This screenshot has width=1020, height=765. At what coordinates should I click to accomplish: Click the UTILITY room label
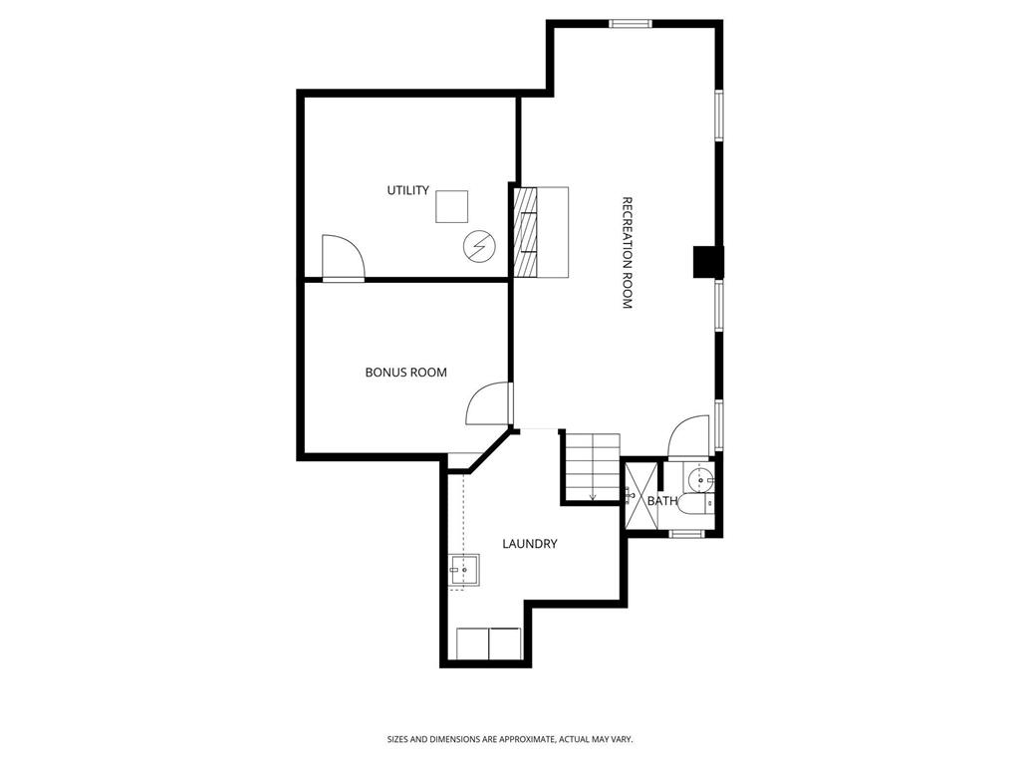coord(407,190)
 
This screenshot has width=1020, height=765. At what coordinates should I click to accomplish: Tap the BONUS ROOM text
coord(405,373)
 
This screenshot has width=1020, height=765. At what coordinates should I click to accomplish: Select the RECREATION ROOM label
coord(628,252)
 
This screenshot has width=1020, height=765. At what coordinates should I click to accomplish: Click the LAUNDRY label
coord(529,544)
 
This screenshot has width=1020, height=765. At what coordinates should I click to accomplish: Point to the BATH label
coord(662,501)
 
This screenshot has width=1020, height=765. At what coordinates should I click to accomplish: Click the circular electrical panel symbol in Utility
coord(478,245)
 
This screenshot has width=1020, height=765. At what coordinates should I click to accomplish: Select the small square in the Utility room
coord(452,206)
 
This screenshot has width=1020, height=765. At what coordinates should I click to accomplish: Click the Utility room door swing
coord(343,258)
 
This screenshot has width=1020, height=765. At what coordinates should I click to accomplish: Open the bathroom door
coord(688,436)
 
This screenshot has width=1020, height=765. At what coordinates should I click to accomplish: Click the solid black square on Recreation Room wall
coord(707,262)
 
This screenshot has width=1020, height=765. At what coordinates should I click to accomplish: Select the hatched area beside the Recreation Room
coord(525,232)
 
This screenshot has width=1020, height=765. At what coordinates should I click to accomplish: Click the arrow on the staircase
coord(593,495)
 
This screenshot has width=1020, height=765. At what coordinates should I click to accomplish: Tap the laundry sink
coord(464,571)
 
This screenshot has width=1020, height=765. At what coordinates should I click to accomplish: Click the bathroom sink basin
coord(702,481)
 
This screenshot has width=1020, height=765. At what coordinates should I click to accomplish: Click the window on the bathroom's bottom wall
coord(686,534)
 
